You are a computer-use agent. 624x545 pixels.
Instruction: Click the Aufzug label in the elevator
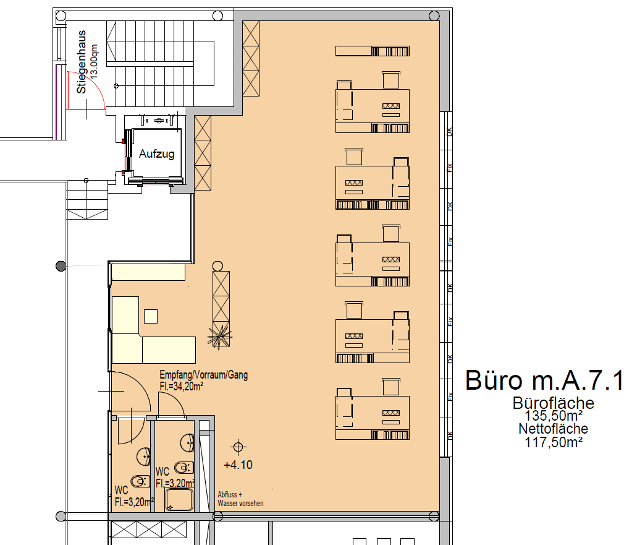tap(156, 154)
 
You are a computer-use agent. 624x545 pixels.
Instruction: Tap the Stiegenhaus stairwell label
tap(82, 62)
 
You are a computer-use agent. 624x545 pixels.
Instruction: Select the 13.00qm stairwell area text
tap(93, 61)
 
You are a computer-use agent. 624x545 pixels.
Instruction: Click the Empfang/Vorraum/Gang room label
tap(203, 375)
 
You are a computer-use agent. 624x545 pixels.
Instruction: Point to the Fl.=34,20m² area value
tap(182, 387)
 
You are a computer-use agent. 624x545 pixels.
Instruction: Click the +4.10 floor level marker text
tap(238, 465)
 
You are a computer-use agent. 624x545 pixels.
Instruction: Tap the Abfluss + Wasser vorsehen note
tap(240, 499)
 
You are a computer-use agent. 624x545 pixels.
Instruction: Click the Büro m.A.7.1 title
tap(544, 380)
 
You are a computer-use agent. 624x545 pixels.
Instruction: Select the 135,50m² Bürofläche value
tap(554, 416)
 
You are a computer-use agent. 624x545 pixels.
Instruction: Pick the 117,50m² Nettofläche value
tap(554, 442)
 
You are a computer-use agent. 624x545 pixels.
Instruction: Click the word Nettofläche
tap(553, 429)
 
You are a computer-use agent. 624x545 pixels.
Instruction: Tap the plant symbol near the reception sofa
tap(219, 336)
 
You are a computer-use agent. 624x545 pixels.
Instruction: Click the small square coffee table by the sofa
tap(151, 316)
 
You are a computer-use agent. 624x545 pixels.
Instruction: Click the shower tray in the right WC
tap(179, 500)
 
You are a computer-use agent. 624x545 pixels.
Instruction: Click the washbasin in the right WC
tap(188, 442)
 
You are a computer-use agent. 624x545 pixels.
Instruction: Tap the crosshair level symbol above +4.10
tap(238, 447)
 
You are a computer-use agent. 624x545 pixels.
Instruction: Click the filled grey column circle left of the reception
tap(61, 266)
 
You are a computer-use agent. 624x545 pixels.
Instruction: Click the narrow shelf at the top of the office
tap(373, 51)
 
